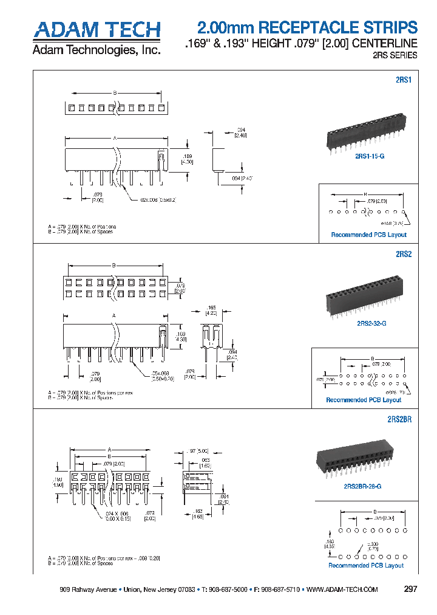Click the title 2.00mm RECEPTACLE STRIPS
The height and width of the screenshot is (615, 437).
(x=308, y=27)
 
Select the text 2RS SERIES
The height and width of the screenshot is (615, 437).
(x=395, y=55)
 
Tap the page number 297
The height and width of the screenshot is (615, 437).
(x=410, y=589)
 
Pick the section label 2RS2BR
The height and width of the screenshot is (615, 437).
(x=399, y=419)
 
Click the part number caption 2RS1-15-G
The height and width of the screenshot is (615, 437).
(x=370, y=156)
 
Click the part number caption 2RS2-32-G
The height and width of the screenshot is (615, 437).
(x=371, y=323)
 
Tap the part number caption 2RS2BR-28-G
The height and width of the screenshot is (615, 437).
(x=362, y=486)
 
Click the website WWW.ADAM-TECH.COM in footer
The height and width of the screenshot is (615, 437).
(x=342, y=590)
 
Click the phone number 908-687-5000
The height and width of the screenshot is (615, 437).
(x=227, y=590)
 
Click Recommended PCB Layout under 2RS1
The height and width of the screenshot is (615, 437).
(x=368, y=235)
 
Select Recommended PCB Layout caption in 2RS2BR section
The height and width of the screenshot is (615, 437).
(x=366, y=565)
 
